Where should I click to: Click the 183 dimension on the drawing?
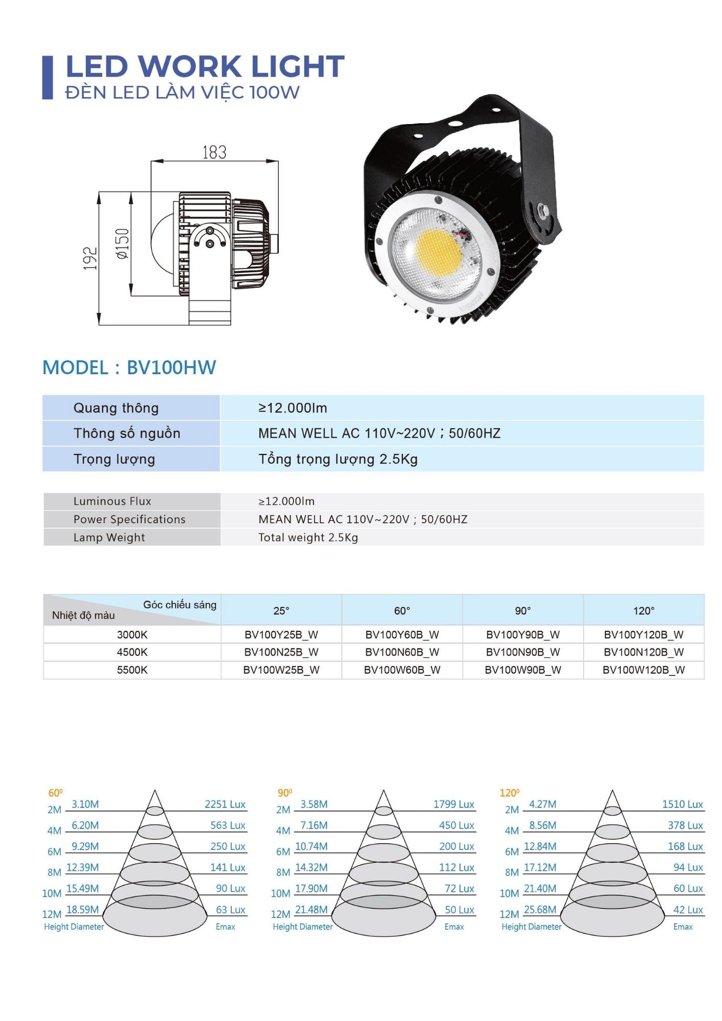tap(214, 152)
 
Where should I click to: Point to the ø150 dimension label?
tap(123, 244)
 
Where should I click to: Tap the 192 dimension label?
tap(90, 258)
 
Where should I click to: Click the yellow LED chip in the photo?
tap(438, 252)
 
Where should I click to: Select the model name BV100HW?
tap(171, 368)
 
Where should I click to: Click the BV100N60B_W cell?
tap(402, 652)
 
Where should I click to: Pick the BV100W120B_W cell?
tap(643, 670)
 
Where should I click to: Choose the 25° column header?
tap(281, 611)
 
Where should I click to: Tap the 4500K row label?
tap(132, 652)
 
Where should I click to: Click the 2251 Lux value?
tap(225, 804)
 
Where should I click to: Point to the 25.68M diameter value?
tap(540, 909)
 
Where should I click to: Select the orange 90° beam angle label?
tap(285, 793)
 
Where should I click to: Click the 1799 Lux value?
tap(454, 804)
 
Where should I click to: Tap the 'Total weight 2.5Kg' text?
tap(308, 538)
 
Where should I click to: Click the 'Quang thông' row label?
tap(116, 408)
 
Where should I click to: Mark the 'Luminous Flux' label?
tap(112, 501)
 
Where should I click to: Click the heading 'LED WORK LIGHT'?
tap(205, 67)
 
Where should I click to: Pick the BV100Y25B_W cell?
tap(281, 635)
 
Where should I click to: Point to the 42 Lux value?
tap(688, 910)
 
